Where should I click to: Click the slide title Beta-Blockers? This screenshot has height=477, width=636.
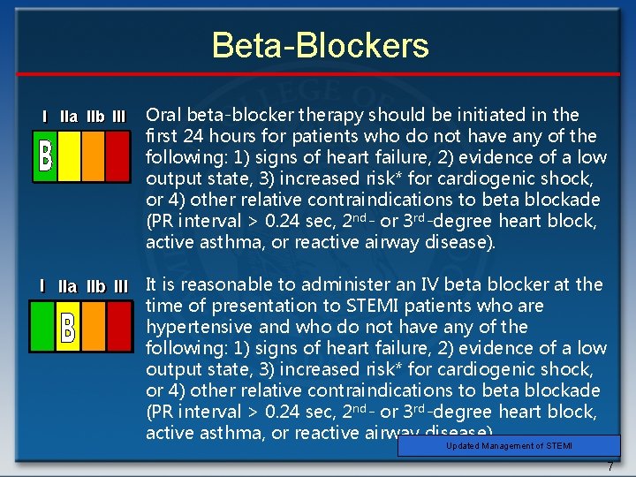(x=320, y=46)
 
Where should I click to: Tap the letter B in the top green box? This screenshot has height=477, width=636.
(x=45, y=156)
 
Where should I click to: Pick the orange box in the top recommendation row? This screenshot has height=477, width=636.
(x=94, y=156)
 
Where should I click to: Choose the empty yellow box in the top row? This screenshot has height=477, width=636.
(x=69, y=156)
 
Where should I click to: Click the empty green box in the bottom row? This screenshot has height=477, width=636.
(x=42, y=326)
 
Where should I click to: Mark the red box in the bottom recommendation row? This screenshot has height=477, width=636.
(x=117, y=326)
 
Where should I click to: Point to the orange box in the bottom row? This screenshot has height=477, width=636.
(x=94, y=326)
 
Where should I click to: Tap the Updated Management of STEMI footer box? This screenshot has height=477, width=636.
(x=509, y=446)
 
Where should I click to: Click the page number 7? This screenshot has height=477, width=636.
(x=609, y=466)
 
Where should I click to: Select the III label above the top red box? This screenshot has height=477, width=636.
(x=119, y=117)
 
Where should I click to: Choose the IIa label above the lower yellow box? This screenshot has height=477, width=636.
(x=67, y=286)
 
